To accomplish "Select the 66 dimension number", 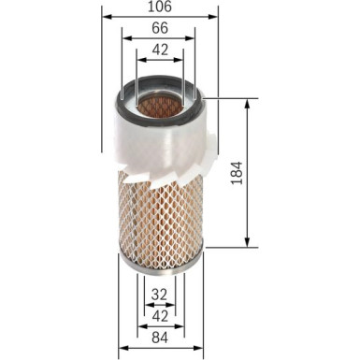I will [x=159, y=30].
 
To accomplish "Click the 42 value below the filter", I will [x=161, y=315].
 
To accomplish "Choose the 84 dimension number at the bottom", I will [x=161, y=337].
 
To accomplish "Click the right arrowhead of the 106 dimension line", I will [x=217, y=17].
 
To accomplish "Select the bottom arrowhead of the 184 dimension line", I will [x=246, y=240].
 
